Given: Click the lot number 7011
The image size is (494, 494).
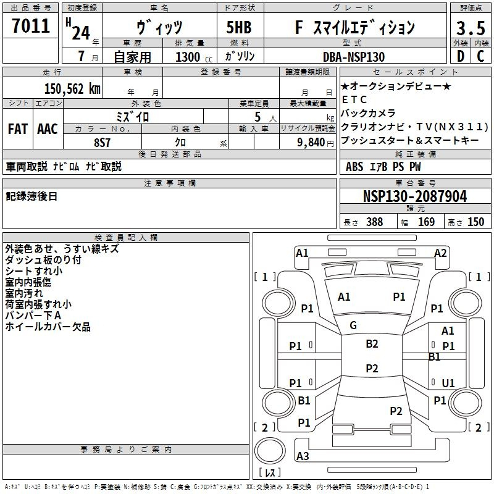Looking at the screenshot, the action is click(x=31, y=26).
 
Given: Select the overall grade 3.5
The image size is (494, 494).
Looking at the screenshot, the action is click(x=471, y=28).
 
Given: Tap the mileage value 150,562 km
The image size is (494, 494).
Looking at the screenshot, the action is click(x=72, y=89).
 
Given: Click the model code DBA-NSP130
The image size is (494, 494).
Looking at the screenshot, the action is click(x=354, y=57).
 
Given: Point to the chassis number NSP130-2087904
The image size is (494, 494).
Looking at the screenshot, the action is click(x=415, y=196).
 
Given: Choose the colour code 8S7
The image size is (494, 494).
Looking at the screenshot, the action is click(x=102, y=143).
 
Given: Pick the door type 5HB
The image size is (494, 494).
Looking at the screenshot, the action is click(x=239, y=27).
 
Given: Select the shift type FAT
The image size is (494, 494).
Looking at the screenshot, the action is click(x=18, y=129).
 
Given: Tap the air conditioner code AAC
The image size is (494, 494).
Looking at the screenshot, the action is click(x=48, y=129).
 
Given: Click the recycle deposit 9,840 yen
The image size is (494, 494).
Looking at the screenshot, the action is click(x=316, y=143).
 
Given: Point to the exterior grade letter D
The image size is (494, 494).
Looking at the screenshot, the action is click(x=461, y=56).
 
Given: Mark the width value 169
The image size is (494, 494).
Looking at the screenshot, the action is click(x=426, y=222).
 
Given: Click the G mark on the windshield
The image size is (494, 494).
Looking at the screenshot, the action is click(x=353, y=325).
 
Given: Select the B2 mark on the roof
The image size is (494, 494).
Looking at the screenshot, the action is click(x=372, y=344).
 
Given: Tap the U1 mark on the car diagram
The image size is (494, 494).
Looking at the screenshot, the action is click(x=448, y=383).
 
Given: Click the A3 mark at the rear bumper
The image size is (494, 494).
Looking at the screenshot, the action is click(x=303, y=456).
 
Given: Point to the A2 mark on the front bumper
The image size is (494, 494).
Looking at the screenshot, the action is click(x=440, y=253).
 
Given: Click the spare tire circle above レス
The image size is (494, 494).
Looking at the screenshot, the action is click(x=270, y=451).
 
